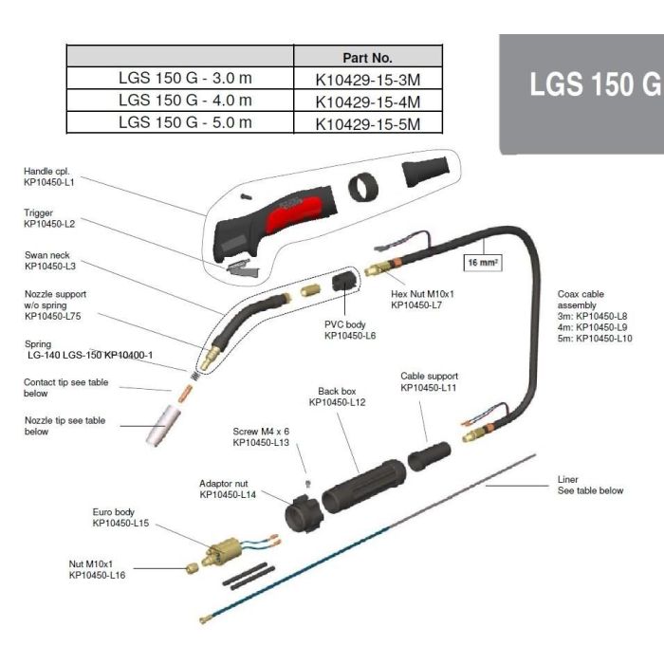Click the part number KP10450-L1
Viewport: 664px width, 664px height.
49,182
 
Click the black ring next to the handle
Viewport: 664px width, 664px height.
362,187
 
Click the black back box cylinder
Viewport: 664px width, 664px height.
361,484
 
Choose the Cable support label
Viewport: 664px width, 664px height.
428,376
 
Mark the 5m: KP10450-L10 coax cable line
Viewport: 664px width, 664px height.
595,339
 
